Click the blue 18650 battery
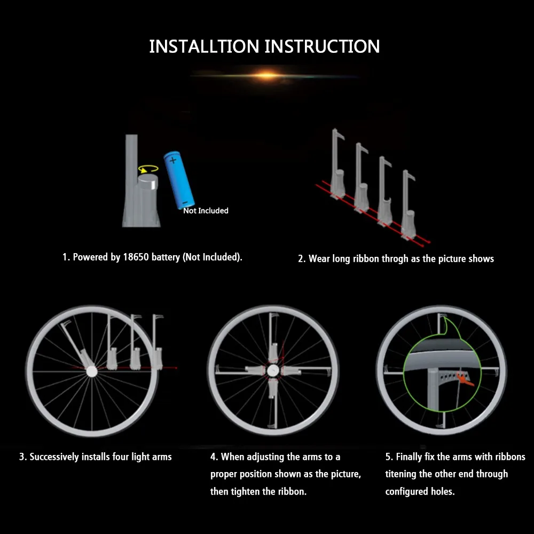coord(179,180)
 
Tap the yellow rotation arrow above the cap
coord(148,169)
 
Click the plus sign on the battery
coord(173,160)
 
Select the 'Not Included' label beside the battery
coord(206,211)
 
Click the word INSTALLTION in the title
coord(204,46)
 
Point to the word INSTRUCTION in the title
coord(322,46)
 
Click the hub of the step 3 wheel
coord(92,371)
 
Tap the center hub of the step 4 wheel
coord(273,371)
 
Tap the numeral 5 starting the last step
coord(388,457)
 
